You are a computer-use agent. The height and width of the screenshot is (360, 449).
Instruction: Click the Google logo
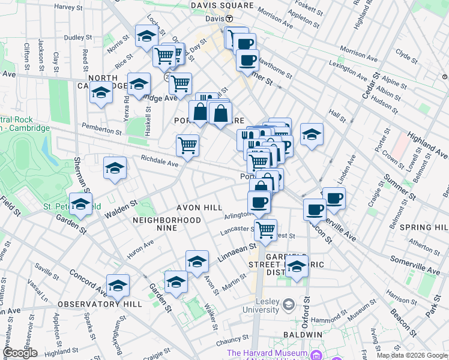(20, 353)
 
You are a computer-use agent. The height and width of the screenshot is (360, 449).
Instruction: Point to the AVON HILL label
(194, 208)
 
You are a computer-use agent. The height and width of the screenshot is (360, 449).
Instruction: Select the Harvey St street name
(68, 7)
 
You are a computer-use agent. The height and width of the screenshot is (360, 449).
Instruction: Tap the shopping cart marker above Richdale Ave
(188, 145)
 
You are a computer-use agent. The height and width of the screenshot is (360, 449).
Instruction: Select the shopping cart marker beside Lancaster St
(265, 228)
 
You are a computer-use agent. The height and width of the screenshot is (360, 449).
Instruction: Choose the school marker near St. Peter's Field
(80, 204)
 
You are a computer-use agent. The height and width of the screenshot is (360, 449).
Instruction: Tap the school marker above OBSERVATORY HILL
(118, 286)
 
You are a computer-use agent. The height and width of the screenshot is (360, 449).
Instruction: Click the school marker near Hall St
(312, 134)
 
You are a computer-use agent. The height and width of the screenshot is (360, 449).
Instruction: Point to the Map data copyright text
(412, 355)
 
